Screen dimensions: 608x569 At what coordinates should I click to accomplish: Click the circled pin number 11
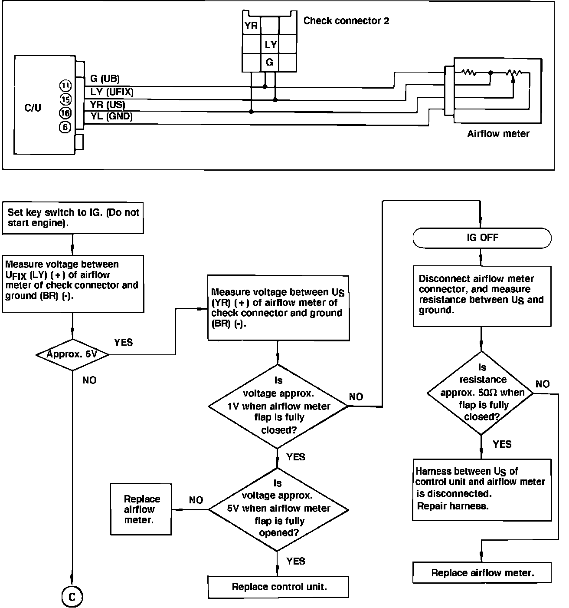click(65, 85)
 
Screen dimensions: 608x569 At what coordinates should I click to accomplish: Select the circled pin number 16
click(65, 113)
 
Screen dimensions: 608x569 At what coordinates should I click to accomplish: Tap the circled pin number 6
click(65, 127)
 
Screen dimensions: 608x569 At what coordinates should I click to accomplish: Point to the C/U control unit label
click(33, 108)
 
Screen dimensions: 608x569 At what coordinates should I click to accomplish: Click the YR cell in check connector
click(251, 26)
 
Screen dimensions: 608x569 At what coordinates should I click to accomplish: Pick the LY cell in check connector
click(270, 44)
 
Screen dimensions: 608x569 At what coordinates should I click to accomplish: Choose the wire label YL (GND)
click(111, 116)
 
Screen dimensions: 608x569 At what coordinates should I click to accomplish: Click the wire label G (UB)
click(105, 79)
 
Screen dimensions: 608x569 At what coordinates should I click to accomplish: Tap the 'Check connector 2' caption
click(346, 20)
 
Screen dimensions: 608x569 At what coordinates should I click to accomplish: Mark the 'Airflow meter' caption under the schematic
click(498, 134)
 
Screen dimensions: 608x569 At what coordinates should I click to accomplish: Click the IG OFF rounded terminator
click(482, 238)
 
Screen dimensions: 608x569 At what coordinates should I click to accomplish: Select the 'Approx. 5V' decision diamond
click(72, 354)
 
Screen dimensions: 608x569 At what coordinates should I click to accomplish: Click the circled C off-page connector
click(72, 598)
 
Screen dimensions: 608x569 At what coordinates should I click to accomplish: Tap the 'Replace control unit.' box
click(278, 587)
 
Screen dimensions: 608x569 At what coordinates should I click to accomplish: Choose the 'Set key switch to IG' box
click(73, 218)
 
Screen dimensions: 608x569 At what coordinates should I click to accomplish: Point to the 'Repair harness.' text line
click(452, 506)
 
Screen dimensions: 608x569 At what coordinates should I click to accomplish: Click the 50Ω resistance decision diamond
click(481, 393)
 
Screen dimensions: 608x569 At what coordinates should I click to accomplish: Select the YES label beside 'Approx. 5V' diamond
click(123, 342)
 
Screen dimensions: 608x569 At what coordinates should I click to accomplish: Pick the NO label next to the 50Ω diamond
click(542, 384)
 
